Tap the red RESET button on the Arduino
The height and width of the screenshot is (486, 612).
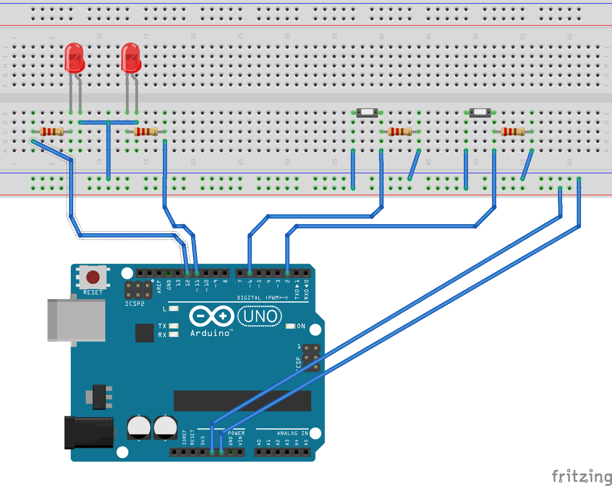93,277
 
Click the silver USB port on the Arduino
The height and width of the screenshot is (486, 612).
77,320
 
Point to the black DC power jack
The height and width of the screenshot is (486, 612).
89,432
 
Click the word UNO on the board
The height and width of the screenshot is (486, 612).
260,317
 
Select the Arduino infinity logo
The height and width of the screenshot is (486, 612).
212,316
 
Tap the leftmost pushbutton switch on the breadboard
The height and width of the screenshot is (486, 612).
367,112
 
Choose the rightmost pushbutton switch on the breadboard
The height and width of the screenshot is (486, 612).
480,112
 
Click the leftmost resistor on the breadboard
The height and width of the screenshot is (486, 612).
51,132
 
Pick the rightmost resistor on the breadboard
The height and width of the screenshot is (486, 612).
513,132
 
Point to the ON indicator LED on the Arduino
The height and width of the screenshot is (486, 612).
290,326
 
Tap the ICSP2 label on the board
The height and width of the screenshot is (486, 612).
135,304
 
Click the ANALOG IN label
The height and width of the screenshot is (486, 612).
292,433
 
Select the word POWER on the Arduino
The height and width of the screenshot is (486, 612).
236,433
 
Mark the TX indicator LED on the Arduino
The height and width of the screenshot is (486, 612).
174,326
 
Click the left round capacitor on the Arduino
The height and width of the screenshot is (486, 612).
139,427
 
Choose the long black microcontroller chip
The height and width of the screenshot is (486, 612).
242,401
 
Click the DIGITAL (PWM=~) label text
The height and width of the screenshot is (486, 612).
262,298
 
